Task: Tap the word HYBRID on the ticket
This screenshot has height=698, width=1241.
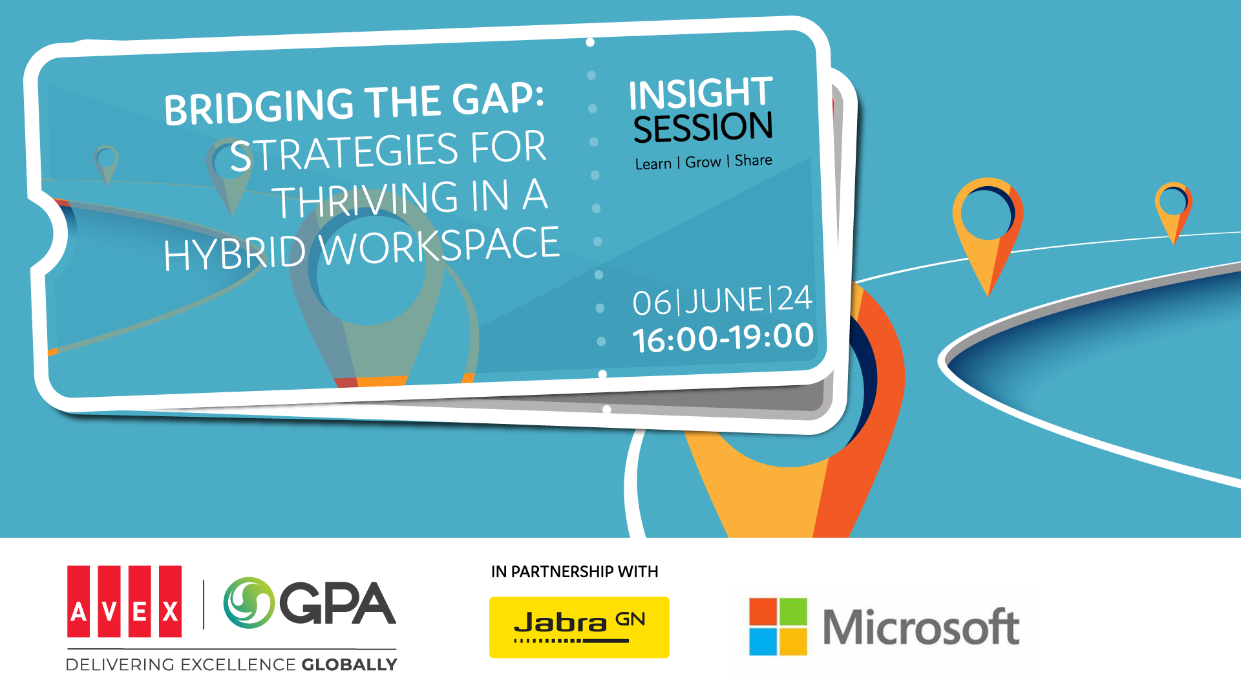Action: coord(234,253)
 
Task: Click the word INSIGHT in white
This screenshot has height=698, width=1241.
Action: coord(701,93)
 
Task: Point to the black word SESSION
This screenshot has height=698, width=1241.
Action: coord(703,127)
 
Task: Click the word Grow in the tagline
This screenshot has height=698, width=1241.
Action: coord(703,162)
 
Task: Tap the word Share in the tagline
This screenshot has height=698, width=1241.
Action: coord(753,160)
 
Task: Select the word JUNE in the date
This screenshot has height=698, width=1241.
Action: coord(725,301)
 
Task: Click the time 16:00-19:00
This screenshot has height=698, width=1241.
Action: coord(723,338)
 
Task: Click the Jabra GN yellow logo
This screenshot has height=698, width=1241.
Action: coord(579,627)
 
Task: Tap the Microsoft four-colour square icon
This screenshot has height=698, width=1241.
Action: coord(778,626)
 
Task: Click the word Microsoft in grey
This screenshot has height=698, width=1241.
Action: coord(921,627)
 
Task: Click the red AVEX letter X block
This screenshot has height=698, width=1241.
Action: coord(171,602)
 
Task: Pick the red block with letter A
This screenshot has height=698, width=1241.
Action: coord(78,602)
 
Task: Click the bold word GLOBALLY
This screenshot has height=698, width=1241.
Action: coord(350,664)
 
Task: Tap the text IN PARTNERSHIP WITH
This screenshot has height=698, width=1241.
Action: coord(575,572)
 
